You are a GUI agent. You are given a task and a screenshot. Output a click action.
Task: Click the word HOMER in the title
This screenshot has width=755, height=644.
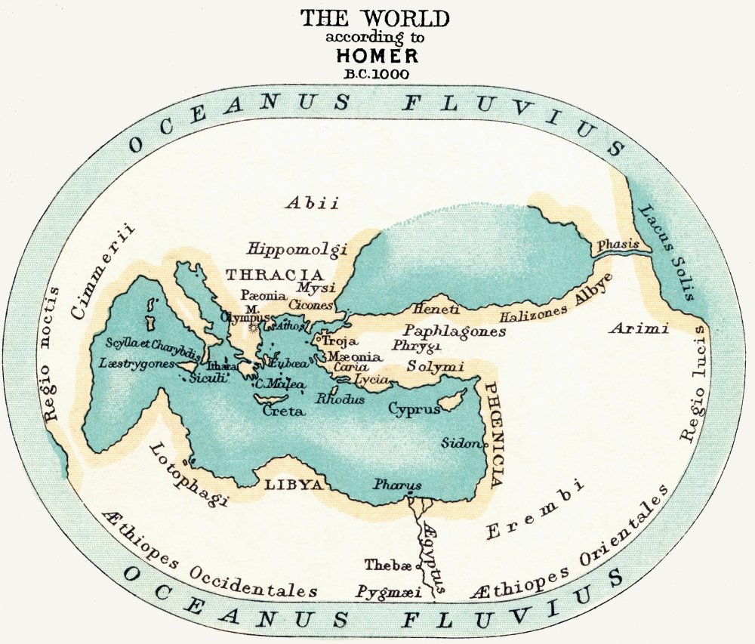click(x=377, y=57)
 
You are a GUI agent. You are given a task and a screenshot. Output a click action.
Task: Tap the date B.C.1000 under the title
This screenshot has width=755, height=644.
click(x=377, y=74)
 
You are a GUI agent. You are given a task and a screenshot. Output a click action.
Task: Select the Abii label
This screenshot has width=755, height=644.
click(x=312, y=202)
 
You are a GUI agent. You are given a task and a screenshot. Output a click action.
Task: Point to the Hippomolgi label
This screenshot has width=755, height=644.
click(x=296, y=249)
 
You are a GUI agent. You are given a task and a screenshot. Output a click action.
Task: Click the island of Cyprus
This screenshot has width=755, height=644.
click(x=454, y=402)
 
